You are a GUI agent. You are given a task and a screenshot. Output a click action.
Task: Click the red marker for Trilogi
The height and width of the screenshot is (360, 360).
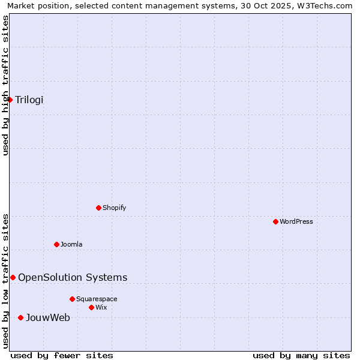pyautogui.click(x=10, y=100)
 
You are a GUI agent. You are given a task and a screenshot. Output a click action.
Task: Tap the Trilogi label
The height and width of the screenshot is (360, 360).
pyautogui.click(x=29, y=100)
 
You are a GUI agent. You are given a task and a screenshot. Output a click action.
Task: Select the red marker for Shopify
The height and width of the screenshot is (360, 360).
pyautogui.click(x=99, y=208)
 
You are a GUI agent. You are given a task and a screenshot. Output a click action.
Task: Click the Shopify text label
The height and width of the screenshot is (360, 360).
pyautogui.click(x=114, y=208)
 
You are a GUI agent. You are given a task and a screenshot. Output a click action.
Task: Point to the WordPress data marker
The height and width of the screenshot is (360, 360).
pyautogui.click(x=276, y=221)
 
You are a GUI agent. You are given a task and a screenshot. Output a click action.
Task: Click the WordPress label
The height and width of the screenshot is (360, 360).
pyautogui.click(x=296, y=221)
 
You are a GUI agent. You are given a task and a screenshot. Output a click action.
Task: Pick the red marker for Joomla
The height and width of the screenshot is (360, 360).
pyautogui.click(x=57, y=244)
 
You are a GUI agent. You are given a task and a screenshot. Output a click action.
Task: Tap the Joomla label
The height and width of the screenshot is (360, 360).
pyautogui.click(x=71, y=244)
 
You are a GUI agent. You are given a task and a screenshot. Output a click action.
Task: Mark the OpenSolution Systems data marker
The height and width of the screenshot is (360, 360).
pyautogui.click(x=13, y=277)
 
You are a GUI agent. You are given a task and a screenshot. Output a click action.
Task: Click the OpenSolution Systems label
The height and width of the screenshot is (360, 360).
pyautogui.click(x=73, y=277)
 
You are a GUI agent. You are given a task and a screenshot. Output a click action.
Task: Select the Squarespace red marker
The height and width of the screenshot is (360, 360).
pyautogui.click(x=73, y=299)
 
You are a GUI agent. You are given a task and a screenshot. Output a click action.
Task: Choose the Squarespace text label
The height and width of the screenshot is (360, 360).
pyautogui.click(x=97, y=299)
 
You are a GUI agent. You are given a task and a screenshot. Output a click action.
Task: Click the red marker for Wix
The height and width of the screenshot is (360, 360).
pyautogui.click(x=92, y=307)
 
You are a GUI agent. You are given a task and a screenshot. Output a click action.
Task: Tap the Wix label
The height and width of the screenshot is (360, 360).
pyautogui.click(x=101, y=307)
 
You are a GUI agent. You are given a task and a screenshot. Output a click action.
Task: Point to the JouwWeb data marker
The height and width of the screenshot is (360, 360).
pyautogui.click(x=20, y=317)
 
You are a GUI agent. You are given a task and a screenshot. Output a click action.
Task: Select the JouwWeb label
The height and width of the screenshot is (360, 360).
pyautogui.click(x=48, y=317)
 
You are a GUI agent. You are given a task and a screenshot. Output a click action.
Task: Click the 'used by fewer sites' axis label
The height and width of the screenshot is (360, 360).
pyautogui.click(x=62, y=355)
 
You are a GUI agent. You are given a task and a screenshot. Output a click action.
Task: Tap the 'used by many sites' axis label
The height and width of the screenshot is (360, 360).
pyautogui.click(x=301, y=355)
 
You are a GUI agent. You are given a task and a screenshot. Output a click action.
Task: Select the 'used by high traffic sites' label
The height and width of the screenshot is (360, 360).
pyautogui.click(x=5, y=85)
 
